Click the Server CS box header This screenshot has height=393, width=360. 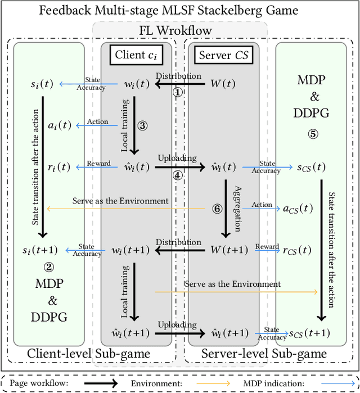pyautogui.click(x=224, y=55)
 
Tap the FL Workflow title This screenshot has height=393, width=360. pyautogui.click(x=179, y=30)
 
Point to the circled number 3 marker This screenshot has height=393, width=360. pyautogui.click(x=142, y=125)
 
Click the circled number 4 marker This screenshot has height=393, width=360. pyautogui.click(x=177, y=175)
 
